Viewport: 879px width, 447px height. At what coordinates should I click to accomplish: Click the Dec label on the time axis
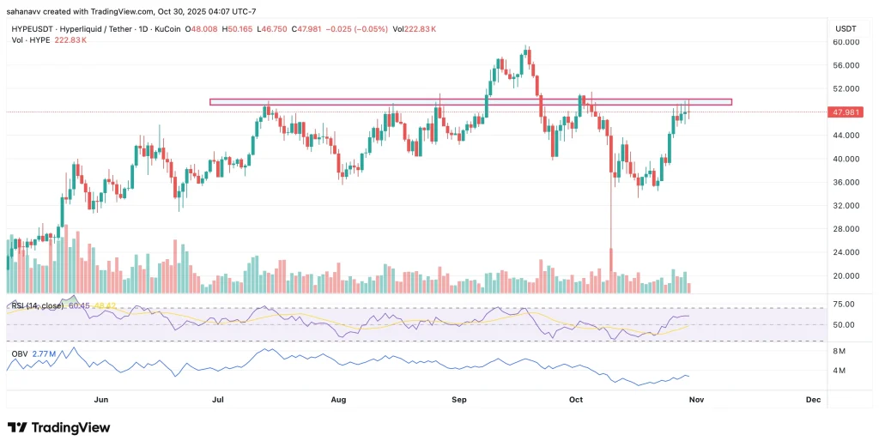(813, 400)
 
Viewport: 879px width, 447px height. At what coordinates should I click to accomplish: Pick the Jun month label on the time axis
(100, 400)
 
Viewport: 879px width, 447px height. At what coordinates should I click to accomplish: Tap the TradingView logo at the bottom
(58, 427)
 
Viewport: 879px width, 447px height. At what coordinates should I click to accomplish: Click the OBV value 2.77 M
(44, 353)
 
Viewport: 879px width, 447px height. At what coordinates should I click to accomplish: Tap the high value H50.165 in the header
(239, 28)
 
